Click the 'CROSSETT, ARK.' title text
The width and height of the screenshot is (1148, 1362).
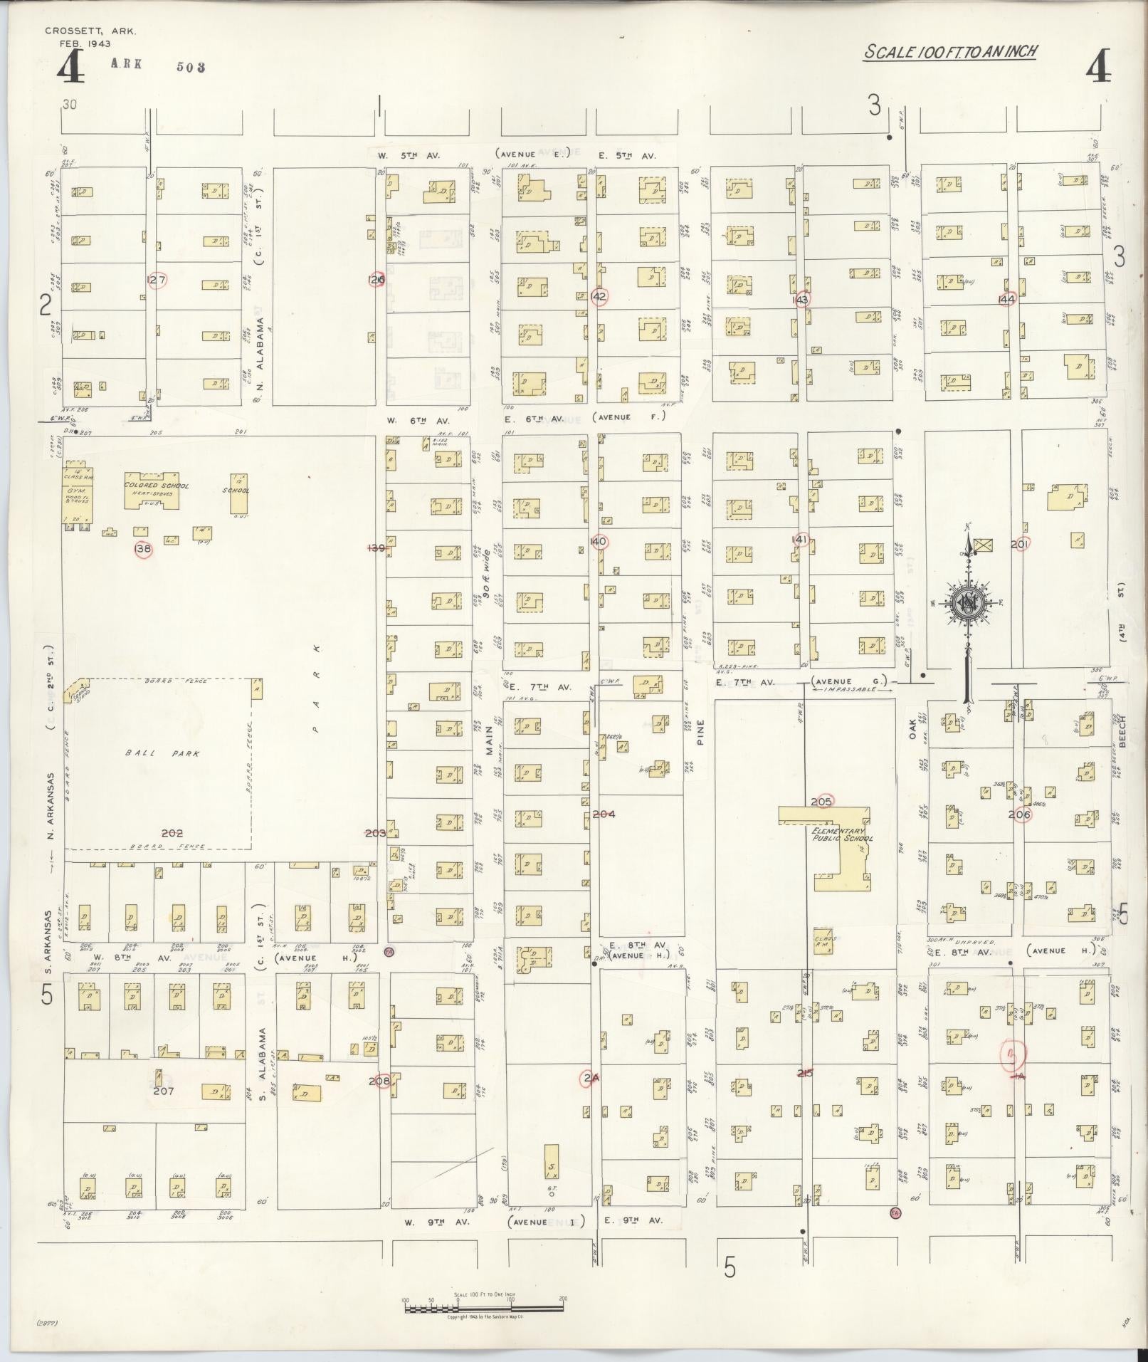coord(90,31)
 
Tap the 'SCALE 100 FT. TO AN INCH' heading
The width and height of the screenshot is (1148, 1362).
coord(950,52)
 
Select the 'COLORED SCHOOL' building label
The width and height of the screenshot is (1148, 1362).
coord(157,486)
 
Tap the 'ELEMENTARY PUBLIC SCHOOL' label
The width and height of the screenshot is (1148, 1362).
coord(842,834)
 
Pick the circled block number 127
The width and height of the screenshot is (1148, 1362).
coord(156,281)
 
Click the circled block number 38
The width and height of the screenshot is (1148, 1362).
coord(144,549)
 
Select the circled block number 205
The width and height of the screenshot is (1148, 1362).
coord(821,802)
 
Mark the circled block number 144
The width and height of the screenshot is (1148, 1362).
coord(1006,299)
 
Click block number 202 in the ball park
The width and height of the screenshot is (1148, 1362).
coord(172,832)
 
